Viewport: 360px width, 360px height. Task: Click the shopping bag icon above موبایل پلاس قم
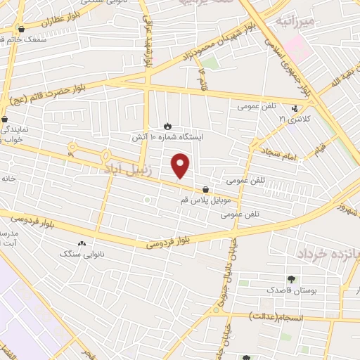[x=205, y=189]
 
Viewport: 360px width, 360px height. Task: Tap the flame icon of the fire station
[x=167, y=126]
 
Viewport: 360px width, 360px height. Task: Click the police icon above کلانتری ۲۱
[x=295, y=108]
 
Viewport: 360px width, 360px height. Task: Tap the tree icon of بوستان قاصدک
[x=291, y=279]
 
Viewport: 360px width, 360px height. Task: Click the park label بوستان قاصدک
[x=290, y=290]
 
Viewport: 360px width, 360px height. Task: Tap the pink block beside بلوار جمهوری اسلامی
[x=298, y=49]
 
